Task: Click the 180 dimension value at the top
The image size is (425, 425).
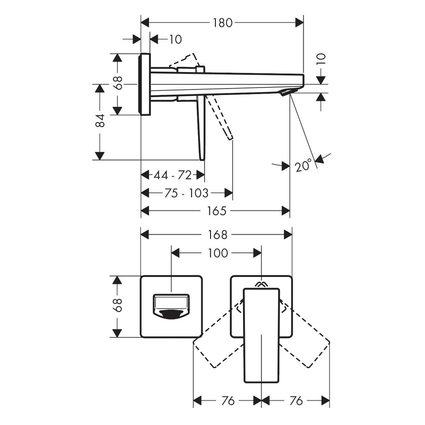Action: point(222,22)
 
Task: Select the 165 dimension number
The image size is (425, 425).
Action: point(217,211)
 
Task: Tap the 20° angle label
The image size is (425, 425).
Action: point(303,165)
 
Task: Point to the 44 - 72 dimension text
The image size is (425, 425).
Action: point(172,175)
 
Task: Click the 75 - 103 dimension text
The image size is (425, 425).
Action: point(186,193)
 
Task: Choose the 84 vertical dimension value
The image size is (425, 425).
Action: point(100,120)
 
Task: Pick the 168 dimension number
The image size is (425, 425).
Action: point(217,234)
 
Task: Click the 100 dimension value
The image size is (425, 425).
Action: point(217,253)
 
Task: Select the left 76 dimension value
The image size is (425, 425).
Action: point(228,401)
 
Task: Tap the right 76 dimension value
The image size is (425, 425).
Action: point(296,401)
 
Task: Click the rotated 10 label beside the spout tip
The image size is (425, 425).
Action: point(321,59)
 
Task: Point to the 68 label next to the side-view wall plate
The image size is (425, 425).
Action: point(117,83)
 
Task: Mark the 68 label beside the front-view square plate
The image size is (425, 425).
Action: point(117,305)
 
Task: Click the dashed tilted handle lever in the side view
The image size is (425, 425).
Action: point(220,118)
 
